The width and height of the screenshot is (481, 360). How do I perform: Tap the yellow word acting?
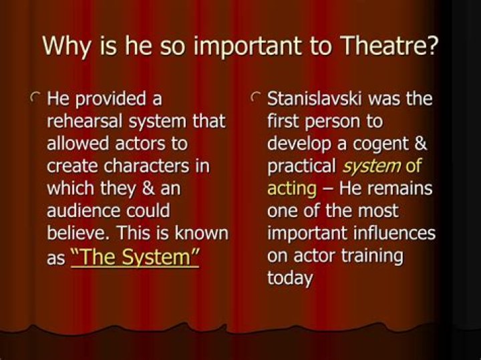pos(291,189)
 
